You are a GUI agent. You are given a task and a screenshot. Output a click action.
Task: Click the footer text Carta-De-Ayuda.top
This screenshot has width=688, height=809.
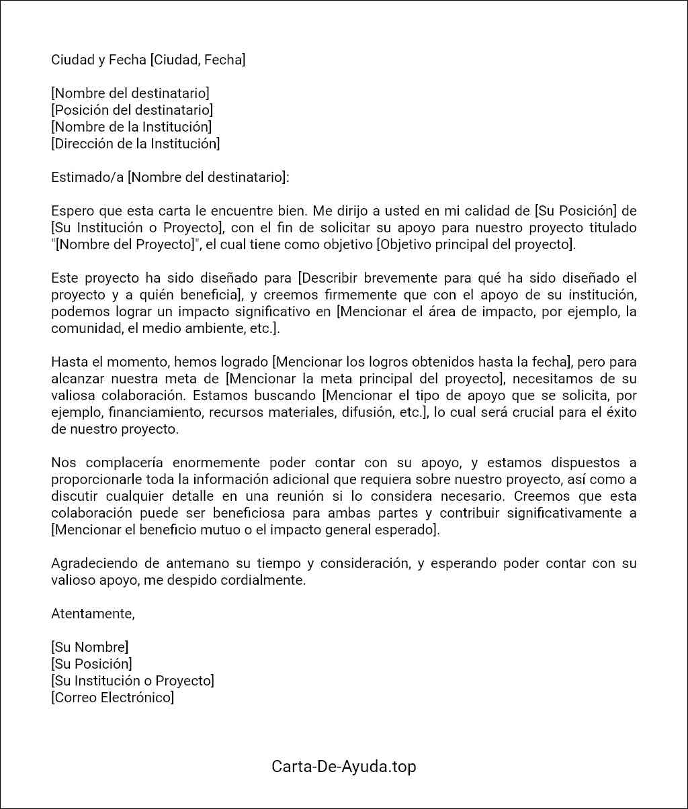coord(343,767)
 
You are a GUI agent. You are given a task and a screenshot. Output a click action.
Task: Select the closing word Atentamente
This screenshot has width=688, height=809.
coord(93,614)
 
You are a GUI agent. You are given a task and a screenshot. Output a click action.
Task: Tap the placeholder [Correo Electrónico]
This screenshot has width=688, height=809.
coord(112,698)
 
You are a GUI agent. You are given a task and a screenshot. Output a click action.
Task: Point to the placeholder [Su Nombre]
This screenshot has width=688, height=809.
coord(89,647)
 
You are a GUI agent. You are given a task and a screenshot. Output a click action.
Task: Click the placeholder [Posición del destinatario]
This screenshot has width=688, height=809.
coord(132,110)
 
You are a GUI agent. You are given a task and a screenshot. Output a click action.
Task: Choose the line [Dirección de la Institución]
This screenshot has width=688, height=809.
coord(135,144)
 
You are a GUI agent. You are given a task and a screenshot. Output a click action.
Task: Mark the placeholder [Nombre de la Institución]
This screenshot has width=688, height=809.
coord(131,127)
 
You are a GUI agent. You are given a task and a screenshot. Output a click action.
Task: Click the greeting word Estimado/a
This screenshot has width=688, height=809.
coord(87,177)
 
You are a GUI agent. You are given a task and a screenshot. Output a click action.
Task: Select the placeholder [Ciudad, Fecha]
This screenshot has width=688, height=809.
coord(198,60)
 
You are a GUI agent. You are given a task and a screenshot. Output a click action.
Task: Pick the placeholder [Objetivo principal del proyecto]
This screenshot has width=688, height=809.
coord(476,244)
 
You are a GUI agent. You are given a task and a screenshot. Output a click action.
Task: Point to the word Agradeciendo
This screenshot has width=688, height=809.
coord(93,563)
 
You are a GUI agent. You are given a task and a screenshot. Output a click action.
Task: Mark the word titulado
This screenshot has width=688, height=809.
coord(610,228)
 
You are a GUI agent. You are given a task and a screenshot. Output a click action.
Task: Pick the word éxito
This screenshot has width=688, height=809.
coord(619,412)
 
